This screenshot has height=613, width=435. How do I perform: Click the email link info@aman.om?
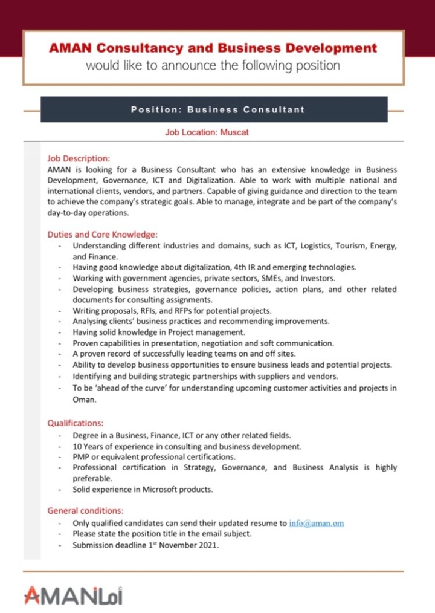pyautogui.click(x=317, y=523)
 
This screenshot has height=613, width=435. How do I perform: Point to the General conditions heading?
pyautogui.click(x=85, y=511)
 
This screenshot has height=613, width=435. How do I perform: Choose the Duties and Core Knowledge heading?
pyautogui.click(x=102, y=235)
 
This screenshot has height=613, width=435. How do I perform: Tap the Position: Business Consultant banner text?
pyautogui.click(x=217, y=110)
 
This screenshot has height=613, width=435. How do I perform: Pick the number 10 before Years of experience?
pyautogui.click(x=77, y=446)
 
